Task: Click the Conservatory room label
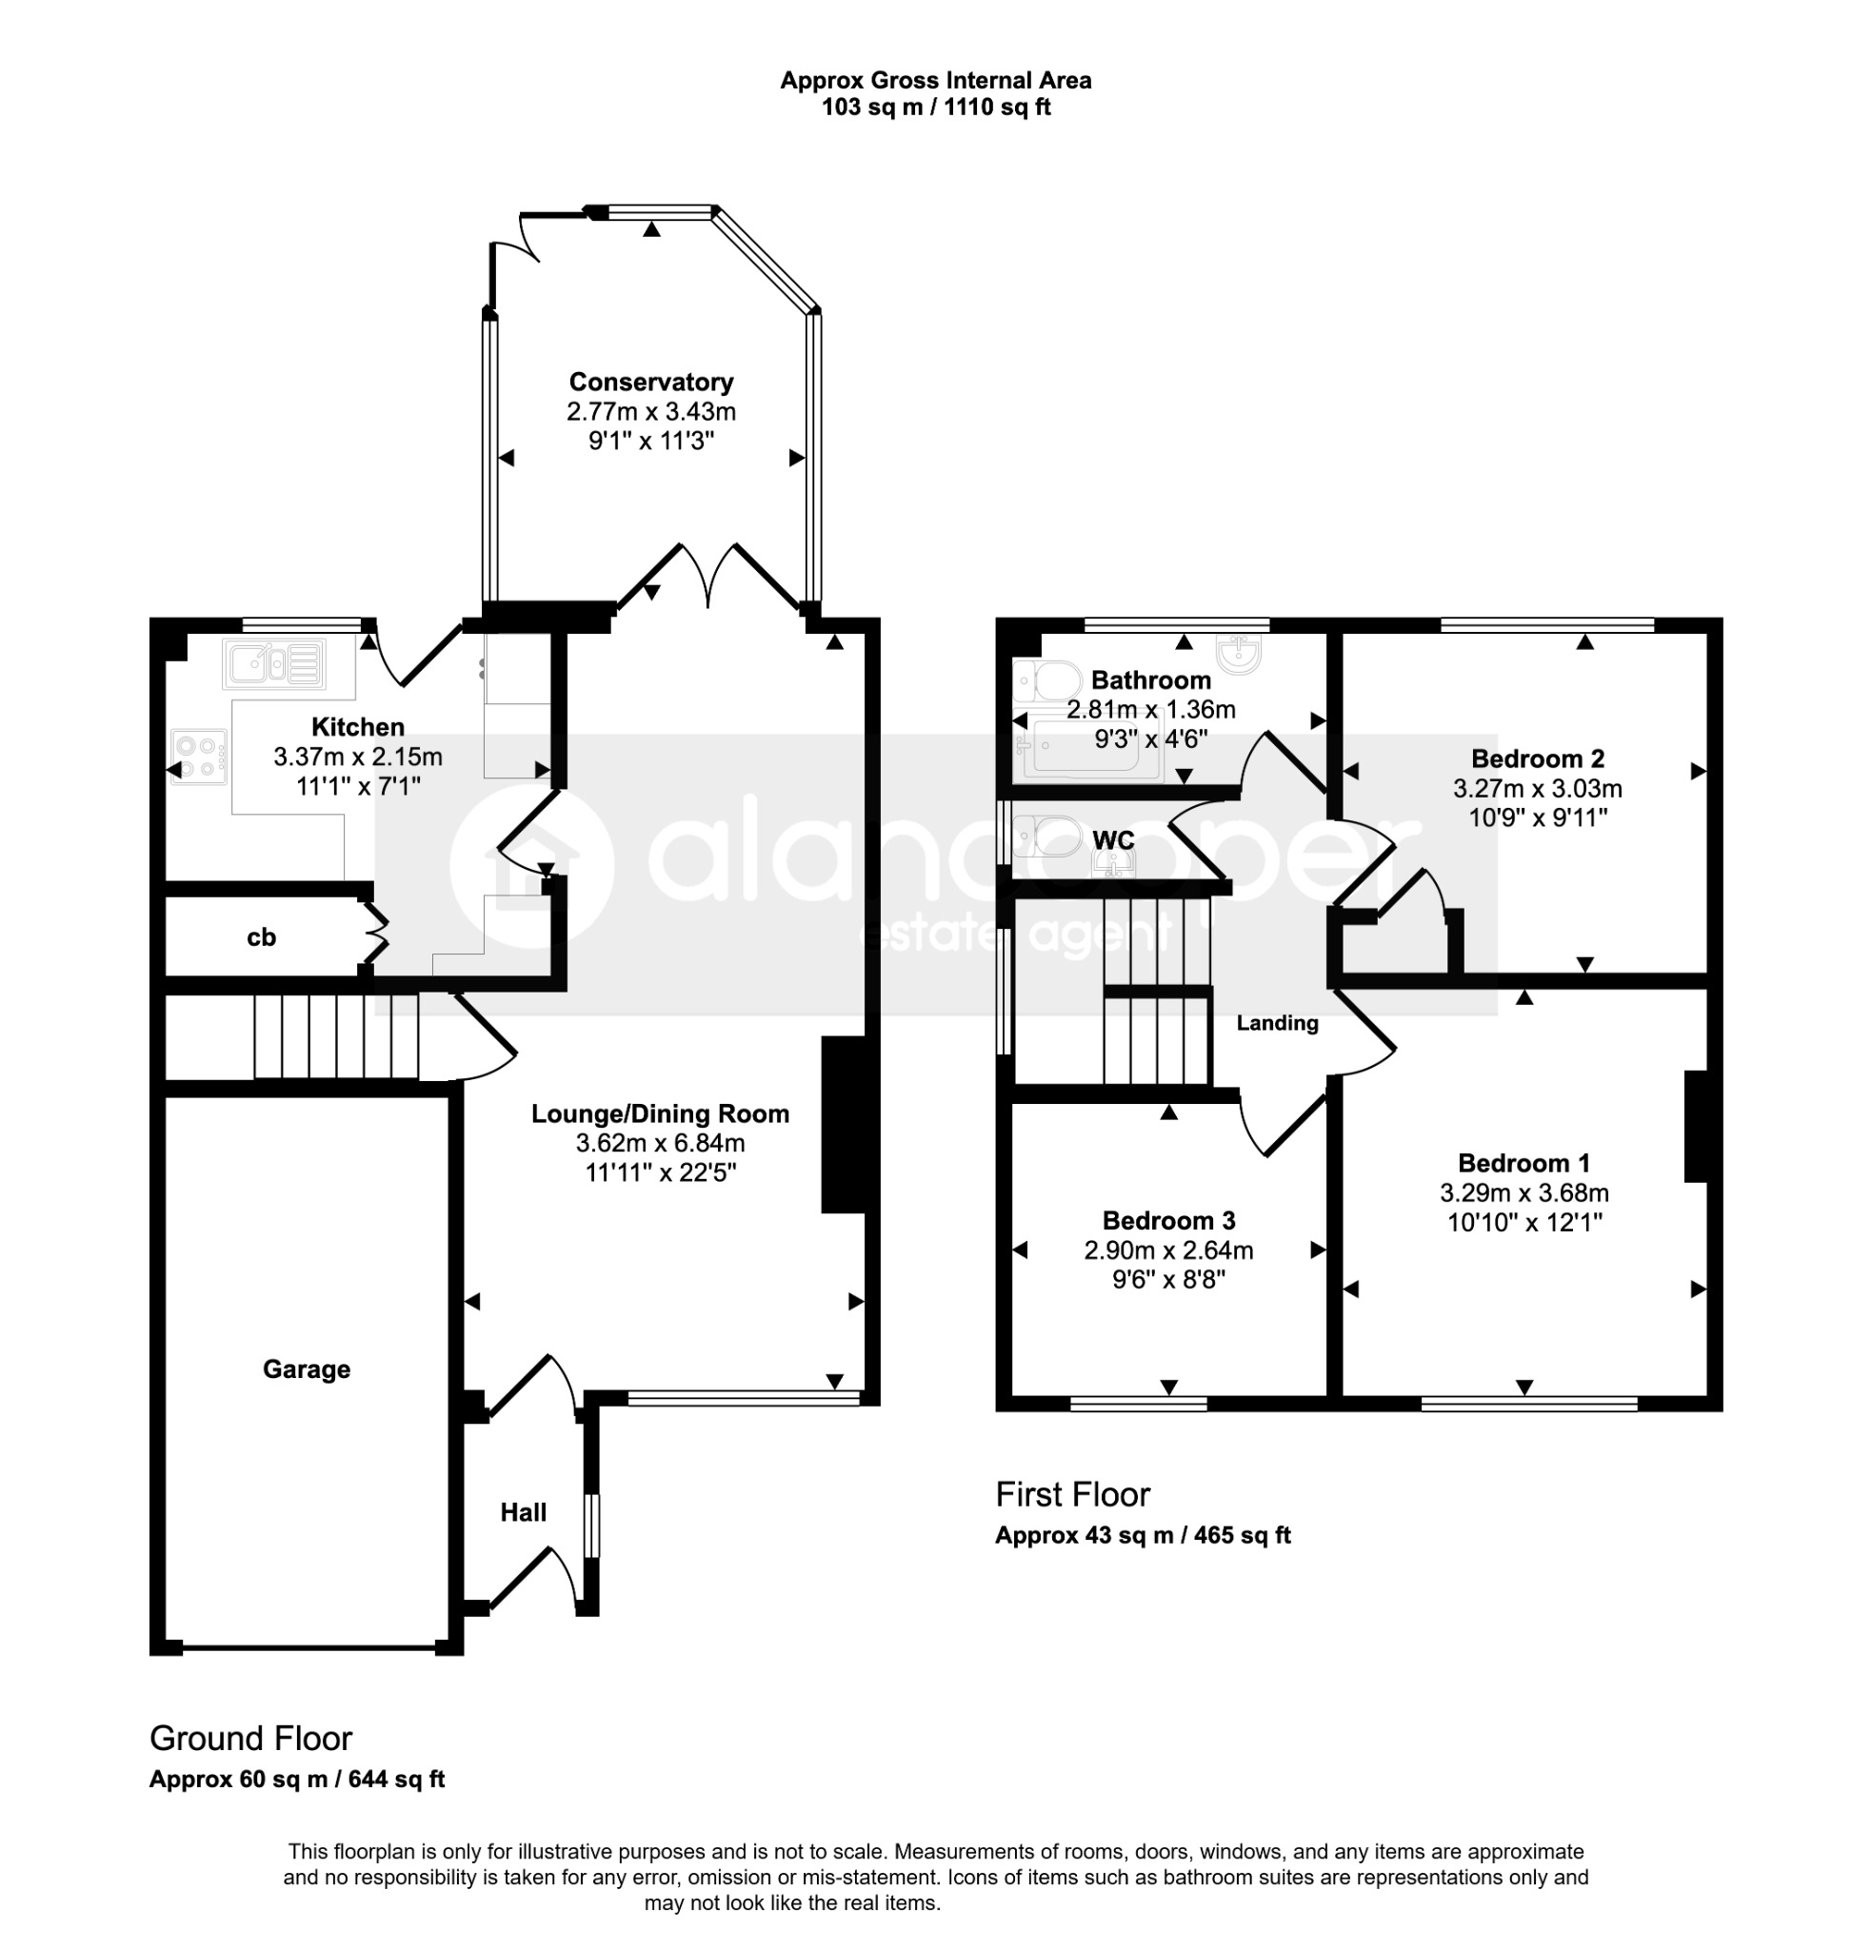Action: (650, 382)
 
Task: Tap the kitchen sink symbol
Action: (275, 661)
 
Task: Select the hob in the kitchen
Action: (199, 757)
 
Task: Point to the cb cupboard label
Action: (262, 936)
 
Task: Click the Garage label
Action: (307, 1369)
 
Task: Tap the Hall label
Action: (523, 1512)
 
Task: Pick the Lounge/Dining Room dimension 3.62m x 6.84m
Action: (661, 1144)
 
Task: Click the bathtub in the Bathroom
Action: (1088, 746)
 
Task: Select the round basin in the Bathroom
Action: (1239, 652)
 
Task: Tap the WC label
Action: (1113, 840)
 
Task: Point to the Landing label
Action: (1277, 1023)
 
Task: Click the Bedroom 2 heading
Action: (1537, 758)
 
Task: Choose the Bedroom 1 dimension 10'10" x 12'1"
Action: (1523, 1222)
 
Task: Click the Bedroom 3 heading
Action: (1168, 1220)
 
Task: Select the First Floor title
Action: (1072, 1494)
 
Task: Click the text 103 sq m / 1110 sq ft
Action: (936, 108)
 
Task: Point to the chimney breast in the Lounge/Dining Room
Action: (844, 1125)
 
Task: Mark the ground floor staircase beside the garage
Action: (336, 1037)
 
